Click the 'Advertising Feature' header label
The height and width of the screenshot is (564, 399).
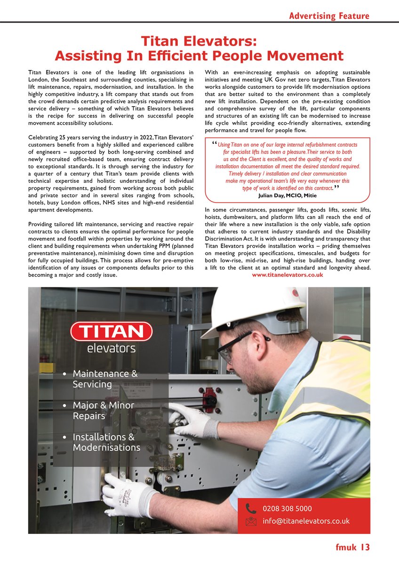329,16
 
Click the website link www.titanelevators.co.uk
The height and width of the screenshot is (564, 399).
287,275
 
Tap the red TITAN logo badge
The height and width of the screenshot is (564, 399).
111,331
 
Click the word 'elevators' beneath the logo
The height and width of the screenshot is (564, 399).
111,348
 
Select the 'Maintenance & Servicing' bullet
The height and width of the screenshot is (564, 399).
105,379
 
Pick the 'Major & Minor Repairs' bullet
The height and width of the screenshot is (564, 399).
103,410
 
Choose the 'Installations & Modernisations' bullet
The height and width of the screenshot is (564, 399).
106,442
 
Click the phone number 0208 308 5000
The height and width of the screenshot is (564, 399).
287,509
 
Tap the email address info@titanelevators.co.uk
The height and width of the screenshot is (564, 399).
306,521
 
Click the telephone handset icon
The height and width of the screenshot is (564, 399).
251,509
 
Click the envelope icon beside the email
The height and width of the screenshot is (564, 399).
251,521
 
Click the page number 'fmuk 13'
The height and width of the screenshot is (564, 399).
352,547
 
